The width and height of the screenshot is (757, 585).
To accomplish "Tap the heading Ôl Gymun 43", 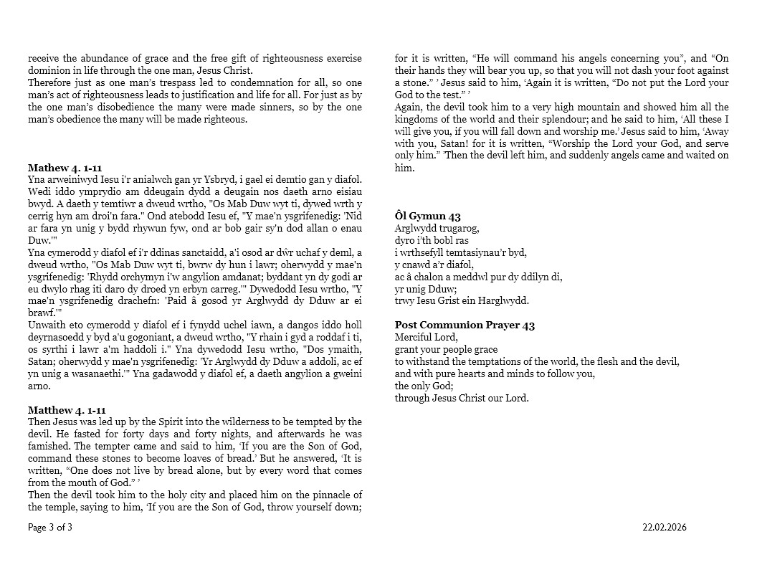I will [427, 217].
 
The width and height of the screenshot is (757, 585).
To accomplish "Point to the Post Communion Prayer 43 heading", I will [465, 325].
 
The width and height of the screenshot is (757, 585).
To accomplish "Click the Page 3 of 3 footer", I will [50, 528].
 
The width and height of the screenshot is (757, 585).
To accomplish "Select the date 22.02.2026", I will [664, 528].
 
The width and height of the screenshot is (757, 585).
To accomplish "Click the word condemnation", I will [232, 83].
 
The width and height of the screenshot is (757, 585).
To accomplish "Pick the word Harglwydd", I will [505, 301].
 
